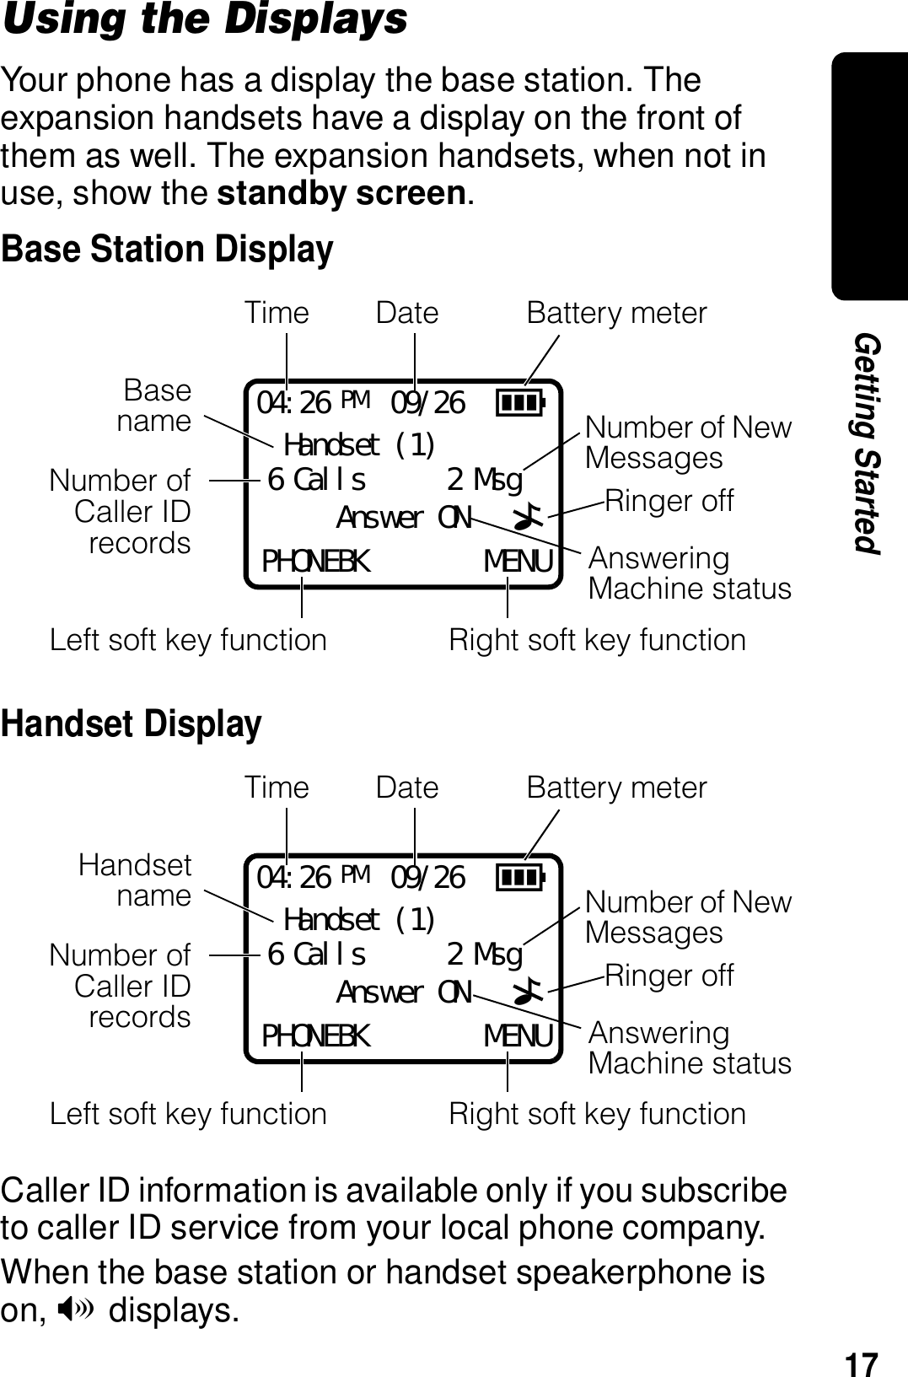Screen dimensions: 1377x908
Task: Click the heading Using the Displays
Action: (205, 20)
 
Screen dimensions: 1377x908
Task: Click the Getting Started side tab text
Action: (867, 443)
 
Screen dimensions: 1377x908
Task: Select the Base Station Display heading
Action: (167, 250)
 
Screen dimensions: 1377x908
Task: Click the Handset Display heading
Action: (132, 724)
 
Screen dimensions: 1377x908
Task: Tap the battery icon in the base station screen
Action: (520, 402)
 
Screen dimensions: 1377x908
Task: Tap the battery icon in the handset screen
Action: (520, 877)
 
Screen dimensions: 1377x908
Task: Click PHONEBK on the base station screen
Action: (315, 561)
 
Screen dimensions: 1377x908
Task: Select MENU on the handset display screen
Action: (518, 1035)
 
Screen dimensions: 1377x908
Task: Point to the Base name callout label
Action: (154, 406)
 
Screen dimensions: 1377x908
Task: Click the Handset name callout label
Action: (136, 880)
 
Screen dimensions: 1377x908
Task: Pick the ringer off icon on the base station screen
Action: (530, 517)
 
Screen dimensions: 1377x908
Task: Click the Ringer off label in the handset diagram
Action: (669, 976)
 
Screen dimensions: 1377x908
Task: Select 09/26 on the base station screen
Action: (428, 403)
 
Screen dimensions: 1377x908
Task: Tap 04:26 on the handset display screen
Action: (294, 878)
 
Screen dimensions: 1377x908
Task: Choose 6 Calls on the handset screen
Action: (316, 955)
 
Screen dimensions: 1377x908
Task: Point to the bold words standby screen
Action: (341, 194)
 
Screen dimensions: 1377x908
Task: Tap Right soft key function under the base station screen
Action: (597, 640)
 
